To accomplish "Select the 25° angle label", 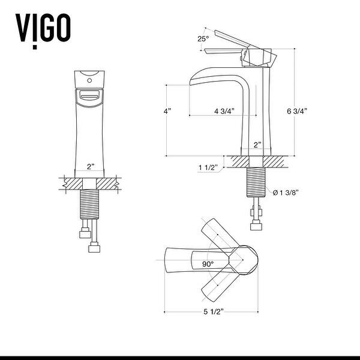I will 204,40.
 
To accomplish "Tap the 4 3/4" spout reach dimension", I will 223,111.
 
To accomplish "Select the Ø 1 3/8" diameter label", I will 285,193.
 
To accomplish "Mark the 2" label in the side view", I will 257,145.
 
